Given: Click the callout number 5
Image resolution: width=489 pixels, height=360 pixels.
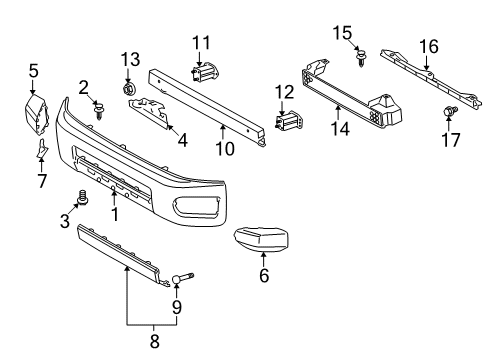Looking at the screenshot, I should (x=33, y=71).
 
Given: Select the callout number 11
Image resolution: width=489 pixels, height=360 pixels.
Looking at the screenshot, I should (x=203, y=42).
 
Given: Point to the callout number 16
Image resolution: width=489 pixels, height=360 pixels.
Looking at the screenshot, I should (x=428, y=45).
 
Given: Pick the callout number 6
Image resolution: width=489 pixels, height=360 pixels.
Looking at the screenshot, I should (x=264, y=276).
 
